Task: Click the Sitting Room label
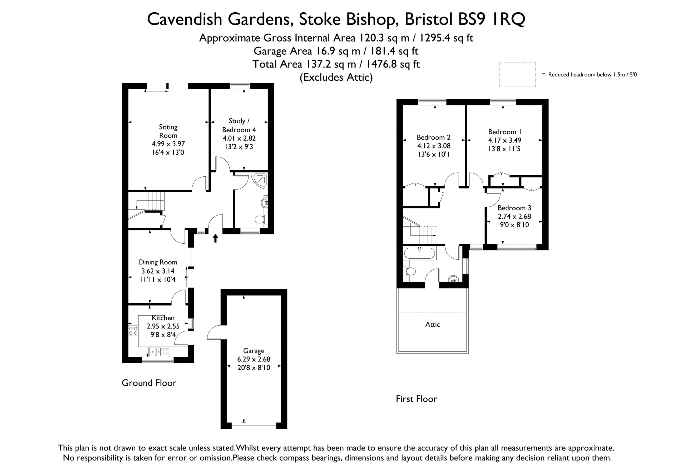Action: (168, 131)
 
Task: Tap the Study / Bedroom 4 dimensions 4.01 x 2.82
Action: (239, 138)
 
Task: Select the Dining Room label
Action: (158, 262)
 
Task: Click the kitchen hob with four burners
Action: (133, 331)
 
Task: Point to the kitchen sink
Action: (159, 352)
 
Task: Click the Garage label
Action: (254, 351)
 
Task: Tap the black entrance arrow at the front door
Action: (215, 238)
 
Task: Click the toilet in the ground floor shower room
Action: (261, 219)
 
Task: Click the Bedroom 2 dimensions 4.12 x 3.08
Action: (434, 146)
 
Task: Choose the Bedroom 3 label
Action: (514, 208)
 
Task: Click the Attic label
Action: (432, 324)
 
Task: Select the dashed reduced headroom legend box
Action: (517, 75)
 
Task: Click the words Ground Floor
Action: (149, 382)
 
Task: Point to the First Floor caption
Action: (416, 399)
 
